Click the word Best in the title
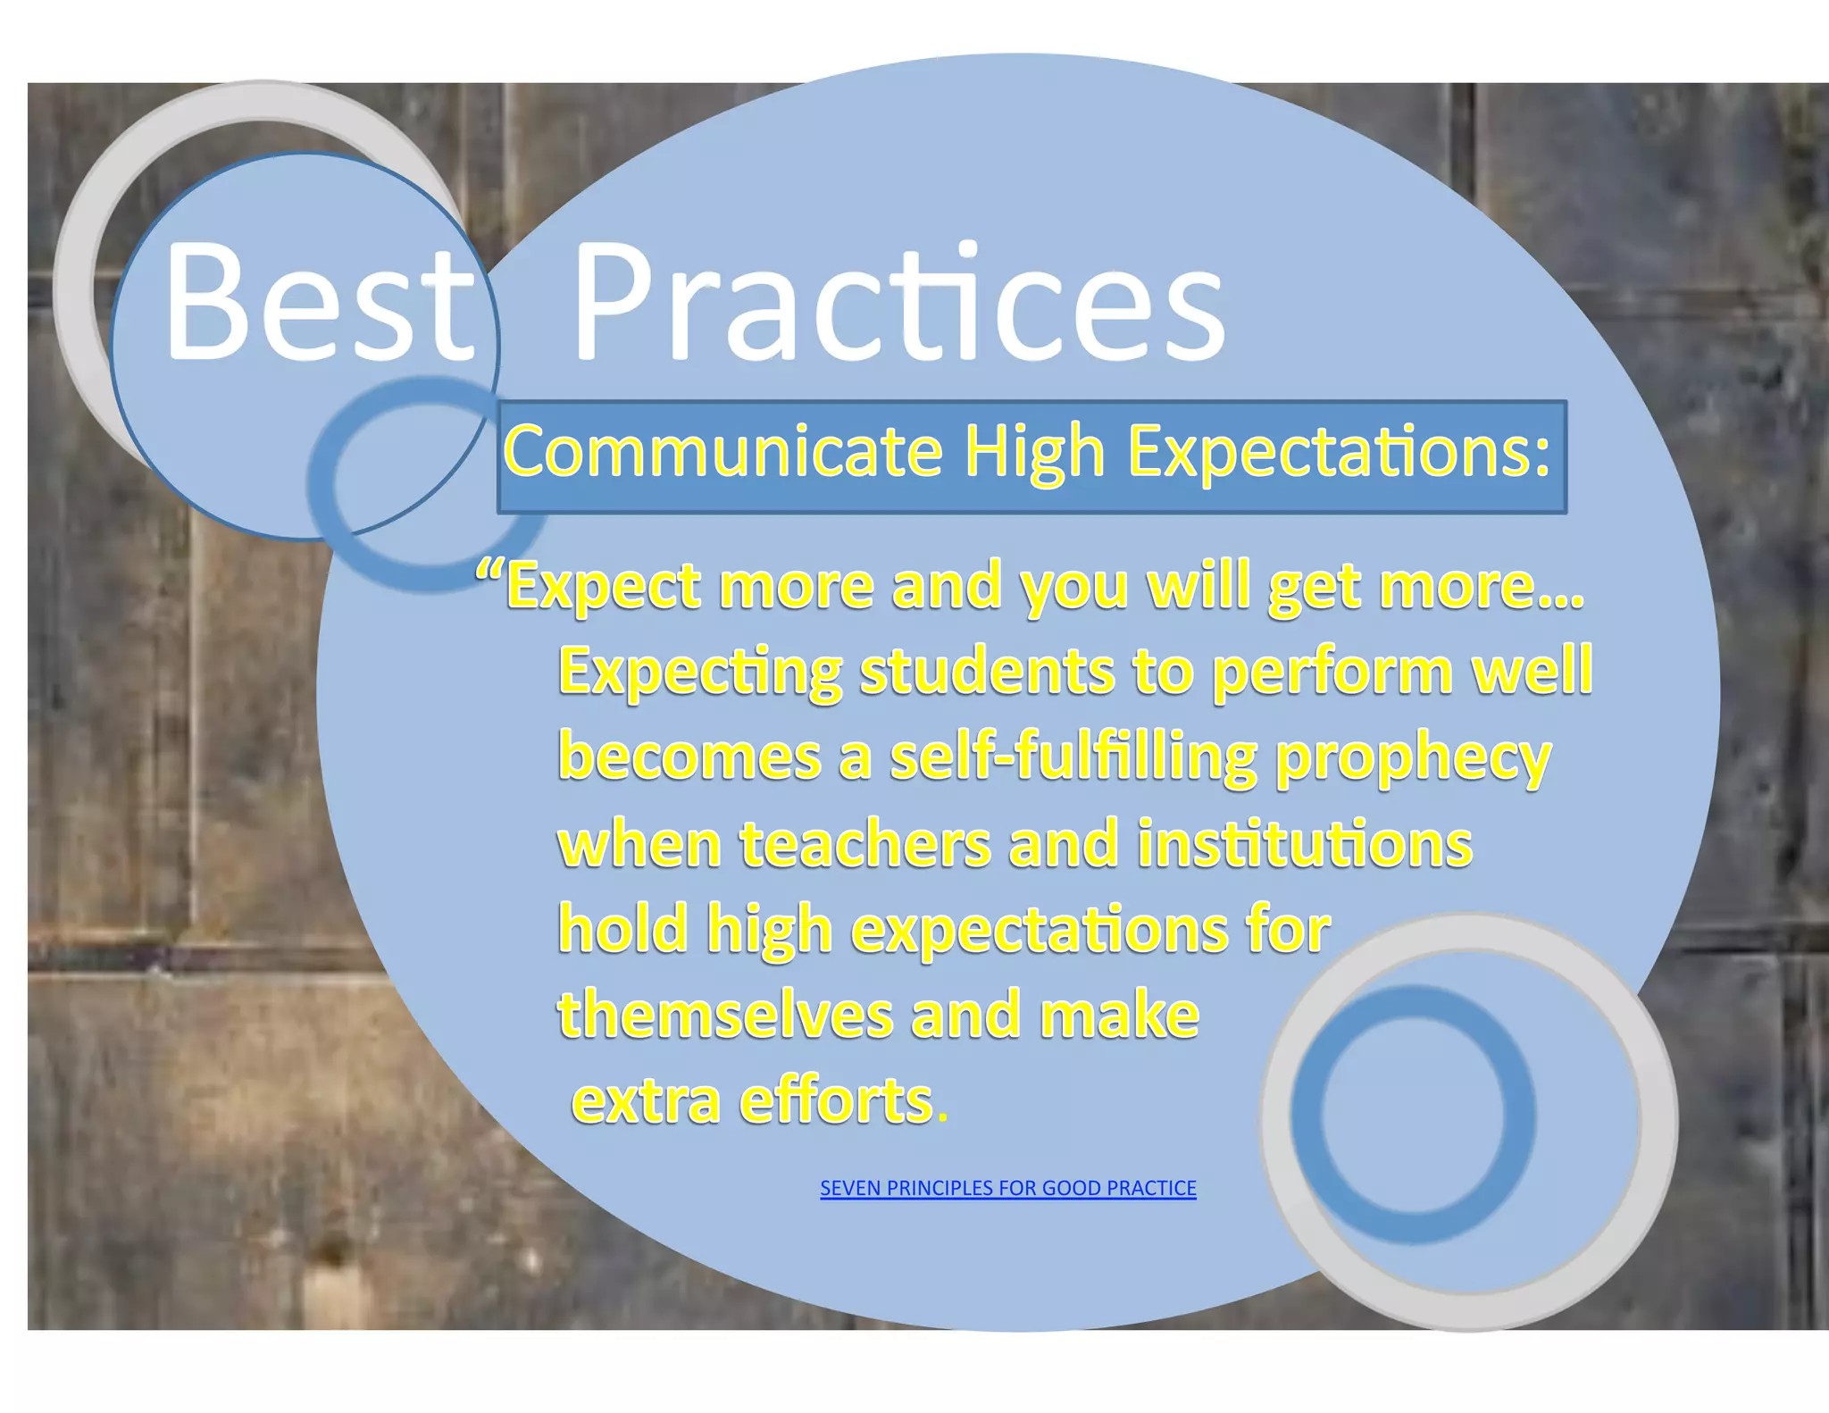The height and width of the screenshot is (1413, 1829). [x=320, y=304]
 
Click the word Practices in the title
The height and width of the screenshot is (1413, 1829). [x=898, y=304]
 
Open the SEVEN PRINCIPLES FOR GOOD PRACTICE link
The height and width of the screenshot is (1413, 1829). [x=1007, y=1188]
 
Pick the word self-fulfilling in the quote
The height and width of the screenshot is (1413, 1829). [x=1073, y=757]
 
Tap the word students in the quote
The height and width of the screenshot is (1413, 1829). [x=987, y=672]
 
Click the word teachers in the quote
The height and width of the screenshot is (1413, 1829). [x=865, y=844]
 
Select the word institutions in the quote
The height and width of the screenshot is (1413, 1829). [x=1304, y=844]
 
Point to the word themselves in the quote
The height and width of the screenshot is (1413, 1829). [x=725, y=1016]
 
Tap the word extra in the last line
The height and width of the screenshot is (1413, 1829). [x=646, y=1102]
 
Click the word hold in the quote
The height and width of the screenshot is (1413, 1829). [x=622, y=929]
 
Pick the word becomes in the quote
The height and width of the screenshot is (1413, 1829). [x=689, y=757]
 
